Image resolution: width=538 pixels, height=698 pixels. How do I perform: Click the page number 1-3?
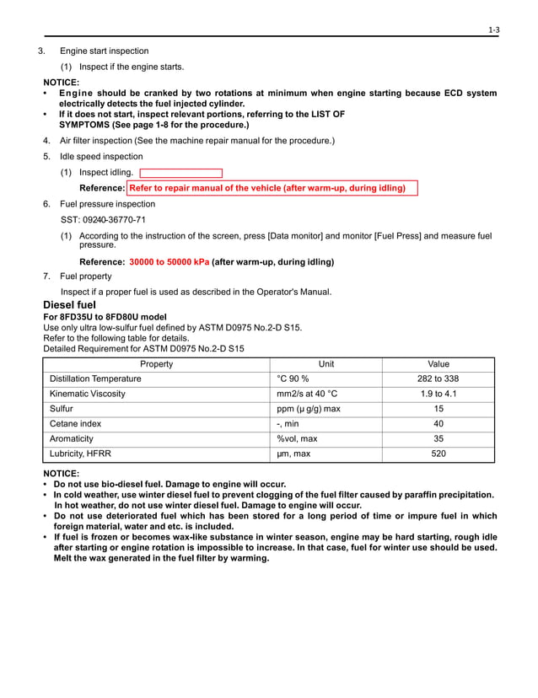click(x=494, y=30)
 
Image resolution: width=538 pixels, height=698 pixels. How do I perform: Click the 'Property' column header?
click(x=156, y=364)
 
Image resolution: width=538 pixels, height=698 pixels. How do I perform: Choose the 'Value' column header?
click(x=438, y=364)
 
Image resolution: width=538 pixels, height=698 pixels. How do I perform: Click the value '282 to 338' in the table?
click(x=438, y=379)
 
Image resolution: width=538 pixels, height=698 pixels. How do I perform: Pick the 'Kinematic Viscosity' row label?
click(x=88, y=394)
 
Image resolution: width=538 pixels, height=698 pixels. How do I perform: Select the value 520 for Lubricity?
click(x=438, y=454)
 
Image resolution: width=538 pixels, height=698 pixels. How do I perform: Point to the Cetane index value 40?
click(x=438, y=424)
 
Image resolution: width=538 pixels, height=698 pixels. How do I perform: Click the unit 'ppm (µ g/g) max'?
click(x=309, y=409)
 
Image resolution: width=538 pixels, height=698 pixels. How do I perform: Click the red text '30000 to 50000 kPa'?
click(x=169, y=262)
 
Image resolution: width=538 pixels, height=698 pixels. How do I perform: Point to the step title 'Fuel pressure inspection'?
click(x=107, y=204)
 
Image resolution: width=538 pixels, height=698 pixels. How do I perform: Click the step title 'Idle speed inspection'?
click(x=101, y=157)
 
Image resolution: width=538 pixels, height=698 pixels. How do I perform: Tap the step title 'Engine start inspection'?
click(x=104, y=51)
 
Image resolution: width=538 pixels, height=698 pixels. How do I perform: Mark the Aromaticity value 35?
click(x=438, y=439)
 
